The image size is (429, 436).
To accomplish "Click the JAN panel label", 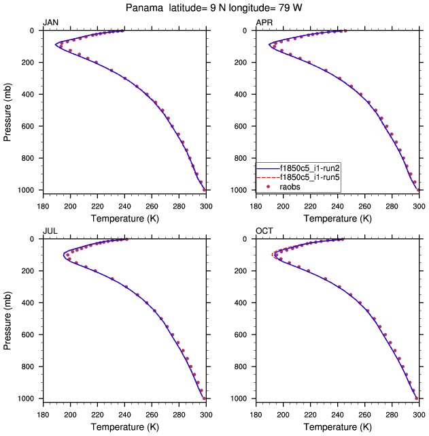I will pos(50,23).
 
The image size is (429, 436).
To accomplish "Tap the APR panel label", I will pos(264,23).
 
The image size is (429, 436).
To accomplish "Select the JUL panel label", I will pos(50,232).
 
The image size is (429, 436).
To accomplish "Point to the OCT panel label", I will pos(264,232).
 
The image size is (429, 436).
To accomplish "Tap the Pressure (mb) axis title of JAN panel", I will pos(7,110).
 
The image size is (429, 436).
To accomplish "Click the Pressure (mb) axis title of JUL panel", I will pos(7,319).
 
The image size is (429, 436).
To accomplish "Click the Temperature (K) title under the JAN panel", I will pos(124,218).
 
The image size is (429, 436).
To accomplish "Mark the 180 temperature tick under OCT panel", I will pos(256,414).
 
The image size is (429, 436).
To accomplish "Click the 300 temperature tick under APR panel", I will pos(419,205).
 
